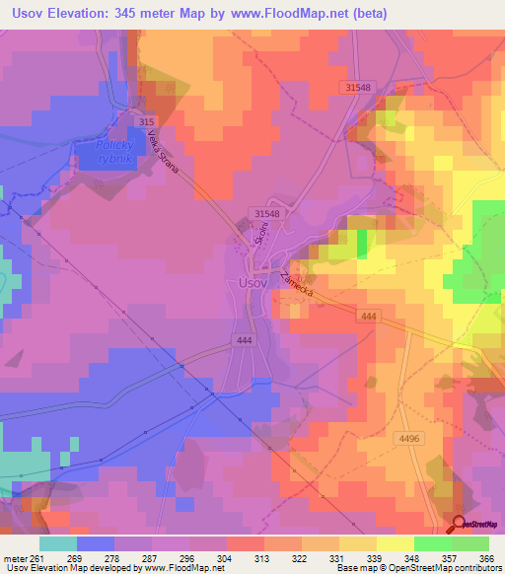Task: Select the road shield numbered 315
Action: tap(147, 121)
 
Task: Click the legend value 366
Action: tap(487, 556)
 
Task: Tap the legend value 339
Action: tap(376, 556)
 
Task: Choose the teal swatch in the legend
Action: tap(58, 543)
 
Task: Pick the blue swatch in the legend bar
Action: tap(96, 543)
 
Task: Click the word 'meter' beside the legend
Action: tap(15, 556)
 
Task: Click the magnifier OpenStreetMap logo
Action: tap(459, 524)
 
